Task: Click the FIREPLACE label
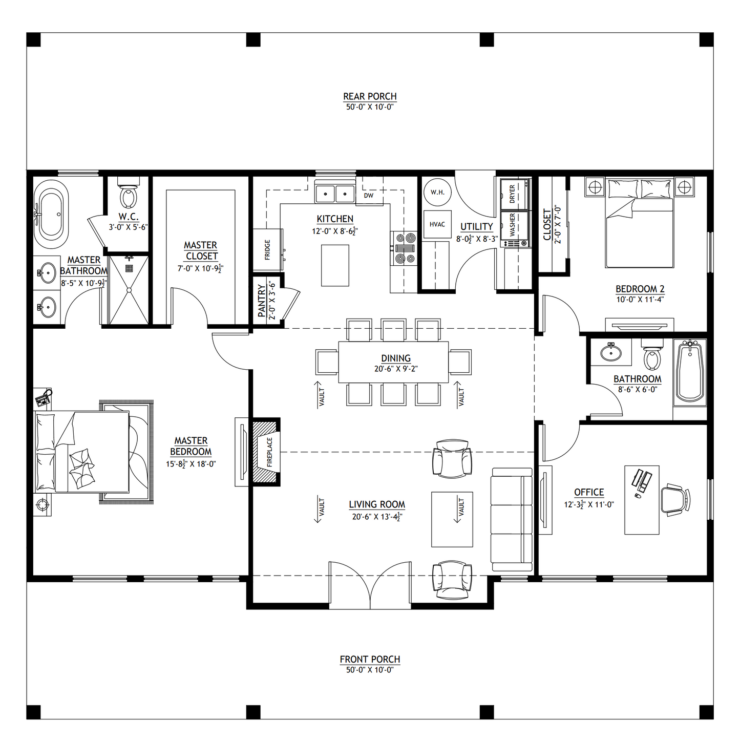click(x=270, y=452)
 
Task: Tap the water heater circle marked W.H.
click(x=437, y=193)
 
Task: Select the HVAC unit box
click(x=437, y=224)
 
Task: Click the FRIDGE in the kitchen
click(x=267, y=250)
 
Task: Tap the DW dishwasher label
click(x=369, y=196)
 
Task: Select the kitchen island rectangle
click(x=335, y=265)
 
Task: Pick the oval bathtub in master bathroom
click(x=51, y=215)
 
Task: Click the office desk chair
click(x=674, y=500)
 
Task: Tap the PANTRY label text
click(x=262, y=301)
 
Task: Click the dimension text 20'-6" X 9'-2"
click(x=395, y=369)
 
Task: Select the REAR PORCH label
click(x=370, y=96)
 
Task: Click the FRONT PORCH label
click(x=370, y=659)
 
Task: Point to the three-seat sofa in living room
click(x=512, y=519)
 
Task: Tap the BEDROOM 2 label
click(x=640, y=289)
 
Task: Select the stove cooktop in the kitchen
click(x=404, y=248)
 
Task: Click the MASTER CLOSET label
click(x=201, y=250)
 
